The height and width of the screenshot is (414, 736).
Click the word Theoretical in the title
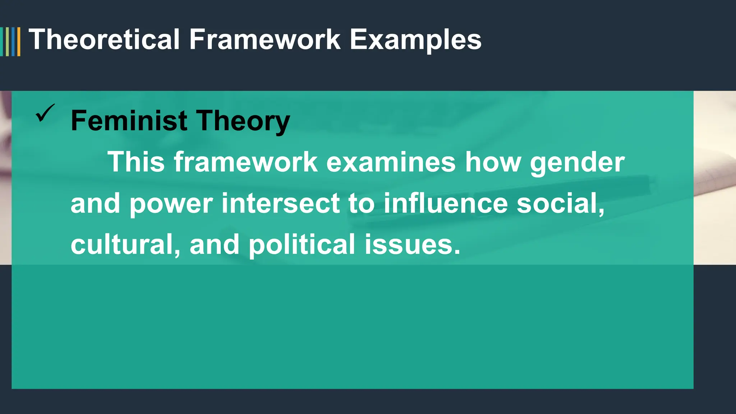point(104,40)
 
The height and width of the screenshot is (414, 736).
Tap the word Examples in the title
point(415,40)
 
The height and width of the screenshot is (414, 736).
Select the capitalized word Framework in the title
point(265,40)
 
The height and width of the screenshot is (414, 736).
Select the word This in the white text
point(136,162)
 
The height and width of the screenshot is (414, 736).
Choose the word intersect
point(281,203)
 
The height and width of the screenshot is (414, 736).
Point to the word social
point(560,203)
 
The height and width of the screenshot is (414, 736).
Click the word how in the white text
point(493,162)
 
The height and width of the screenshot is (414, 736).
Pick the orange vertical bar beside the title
point(19,42)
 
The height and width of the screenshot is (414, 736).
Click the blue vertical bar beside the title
point(13,42)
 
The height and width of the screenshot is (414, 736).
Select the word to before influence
point(362,203)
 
